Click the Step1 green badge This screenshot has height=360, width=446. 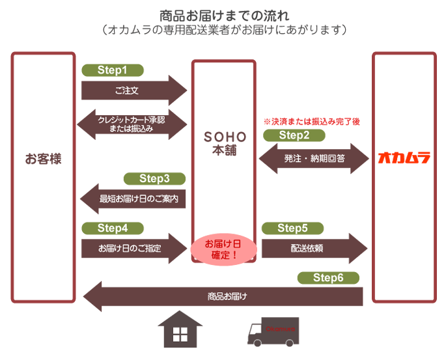click(x=112, y=70)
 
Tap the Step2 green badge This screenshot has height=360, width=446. click(x=294, y=135)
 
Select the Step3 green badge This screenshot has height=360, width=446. click(x=154, y=178)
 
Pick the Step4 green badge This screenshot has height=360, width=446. click(x=112, y=228)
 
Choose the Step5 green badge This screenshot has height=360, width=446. click(x=294, y=228)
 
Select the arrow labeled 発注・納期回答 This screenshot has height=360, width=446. click(x=313, y=158)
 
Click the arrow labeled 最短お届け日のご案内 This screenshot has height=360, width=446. click(x=133, y=199)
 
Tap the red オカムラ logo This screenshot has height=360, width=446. click(x=404, y=158)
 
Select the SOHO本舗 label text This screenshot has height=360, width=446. click(x=225, y=144)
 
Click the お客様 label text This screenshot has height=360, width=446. click(x=43, y=158)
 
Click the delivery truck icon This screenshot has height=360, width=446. click(x=273, y=331)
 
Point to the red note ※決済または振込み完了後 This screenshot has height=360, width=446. click(x=311, y=121)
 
